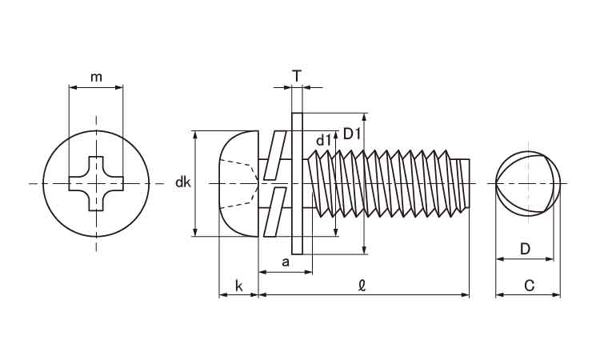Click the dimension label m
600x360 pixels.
click(96, 77)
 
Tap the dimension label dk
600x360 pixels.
click(182, 183)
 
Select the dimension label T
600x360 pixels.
click(297, 76)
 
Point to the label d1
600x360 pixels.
click(323, 141)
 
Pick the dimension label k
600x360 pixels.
click(238, 286)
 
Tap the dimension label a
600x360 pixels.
click(285, 262)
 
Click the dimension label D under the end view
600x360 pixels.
click(525, 249)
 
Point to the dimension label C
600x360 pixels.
click(529, 286)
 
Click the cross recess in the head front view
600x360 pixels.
click(96, 184)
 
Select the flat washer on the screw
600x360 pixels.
click(297, 183)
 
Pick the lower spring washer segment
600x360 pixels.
click(277, 211)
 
